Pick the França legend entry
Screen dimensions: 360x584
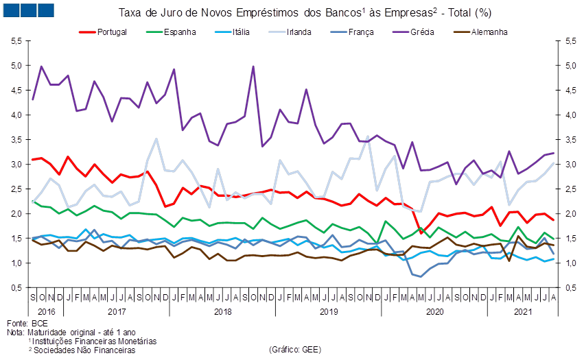point(360,32)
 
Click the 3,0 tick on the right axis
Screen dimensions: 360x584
point(570,165)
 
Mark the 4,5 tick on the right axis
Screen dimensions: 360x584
point(570,91)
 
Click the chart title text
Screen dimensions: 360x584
point(305,12)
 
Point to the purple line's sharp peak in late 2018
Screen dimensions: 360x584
point(253,67)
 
